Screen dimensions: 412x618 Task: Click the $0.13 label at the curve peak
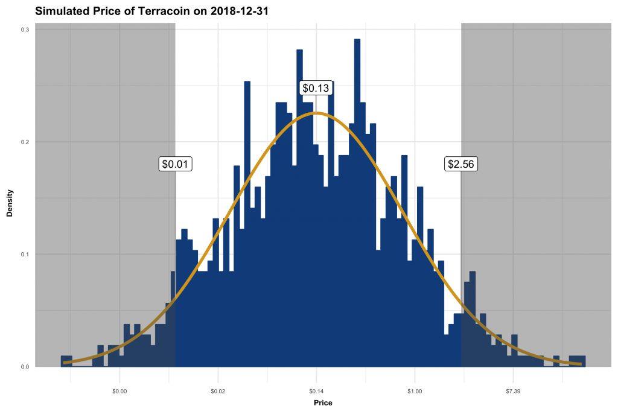[x=316, y=88]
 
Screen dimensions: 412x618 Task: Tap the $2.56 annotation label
[x=462, y=163]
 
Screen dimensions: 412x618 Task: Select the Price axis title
[x=323, y=402]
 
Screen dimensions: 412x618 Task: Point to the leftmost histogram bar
[x=66, y=361]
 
